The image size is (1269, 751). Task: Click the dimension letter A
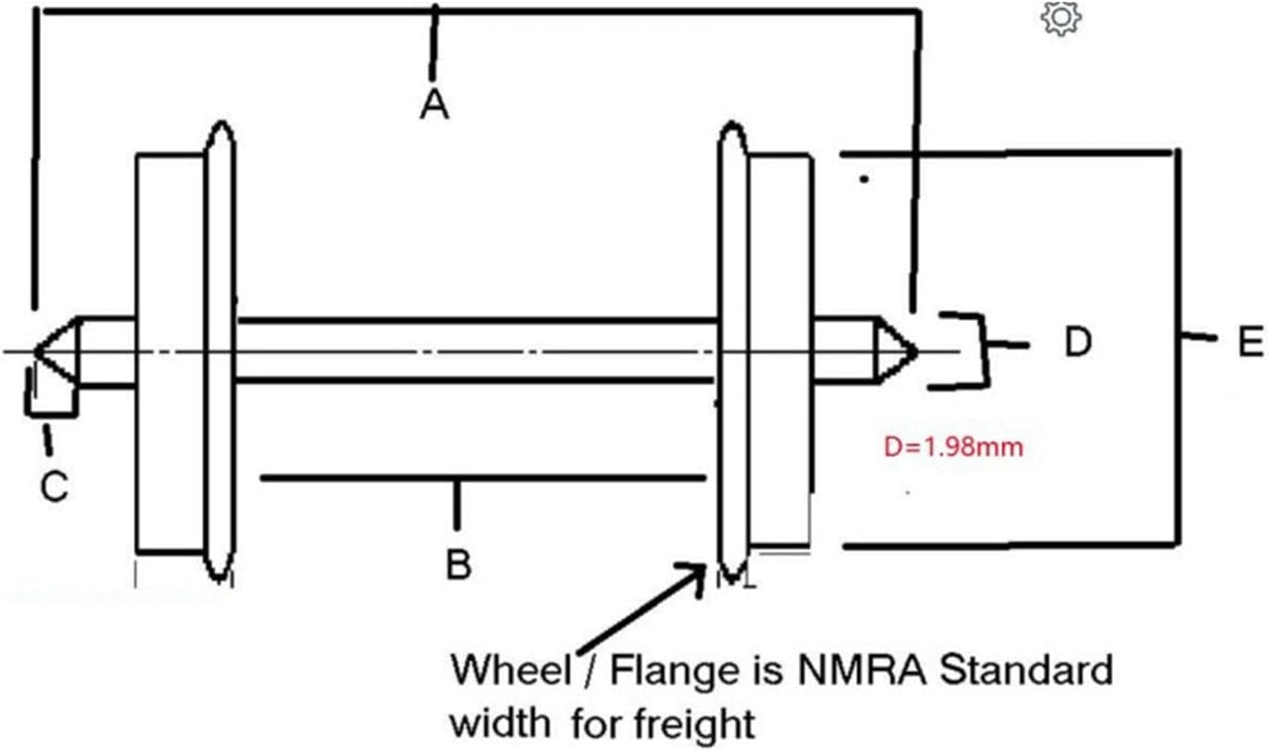(x=433, y=105)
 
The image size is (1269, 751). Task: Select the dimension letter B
(x=458, y=563)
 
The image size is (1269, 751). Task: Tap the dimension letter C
(x=54, y=486)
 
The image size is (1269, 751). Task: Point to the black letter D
(x=1077, y=344)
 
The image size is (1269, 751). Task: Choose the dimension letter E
(x=1250, y=344)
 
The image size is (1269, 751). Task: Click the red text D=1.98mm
(x=954, y=448)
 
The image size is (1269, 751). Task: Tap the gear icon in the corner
(x=1061, y=19)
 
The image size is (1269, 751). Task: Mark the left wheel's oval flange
(x=220, y=352)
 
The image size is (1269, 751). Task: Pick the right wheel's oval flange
(x=732, y=352)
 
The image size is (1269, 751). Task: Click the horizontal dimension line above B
(x=482, y=478)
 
